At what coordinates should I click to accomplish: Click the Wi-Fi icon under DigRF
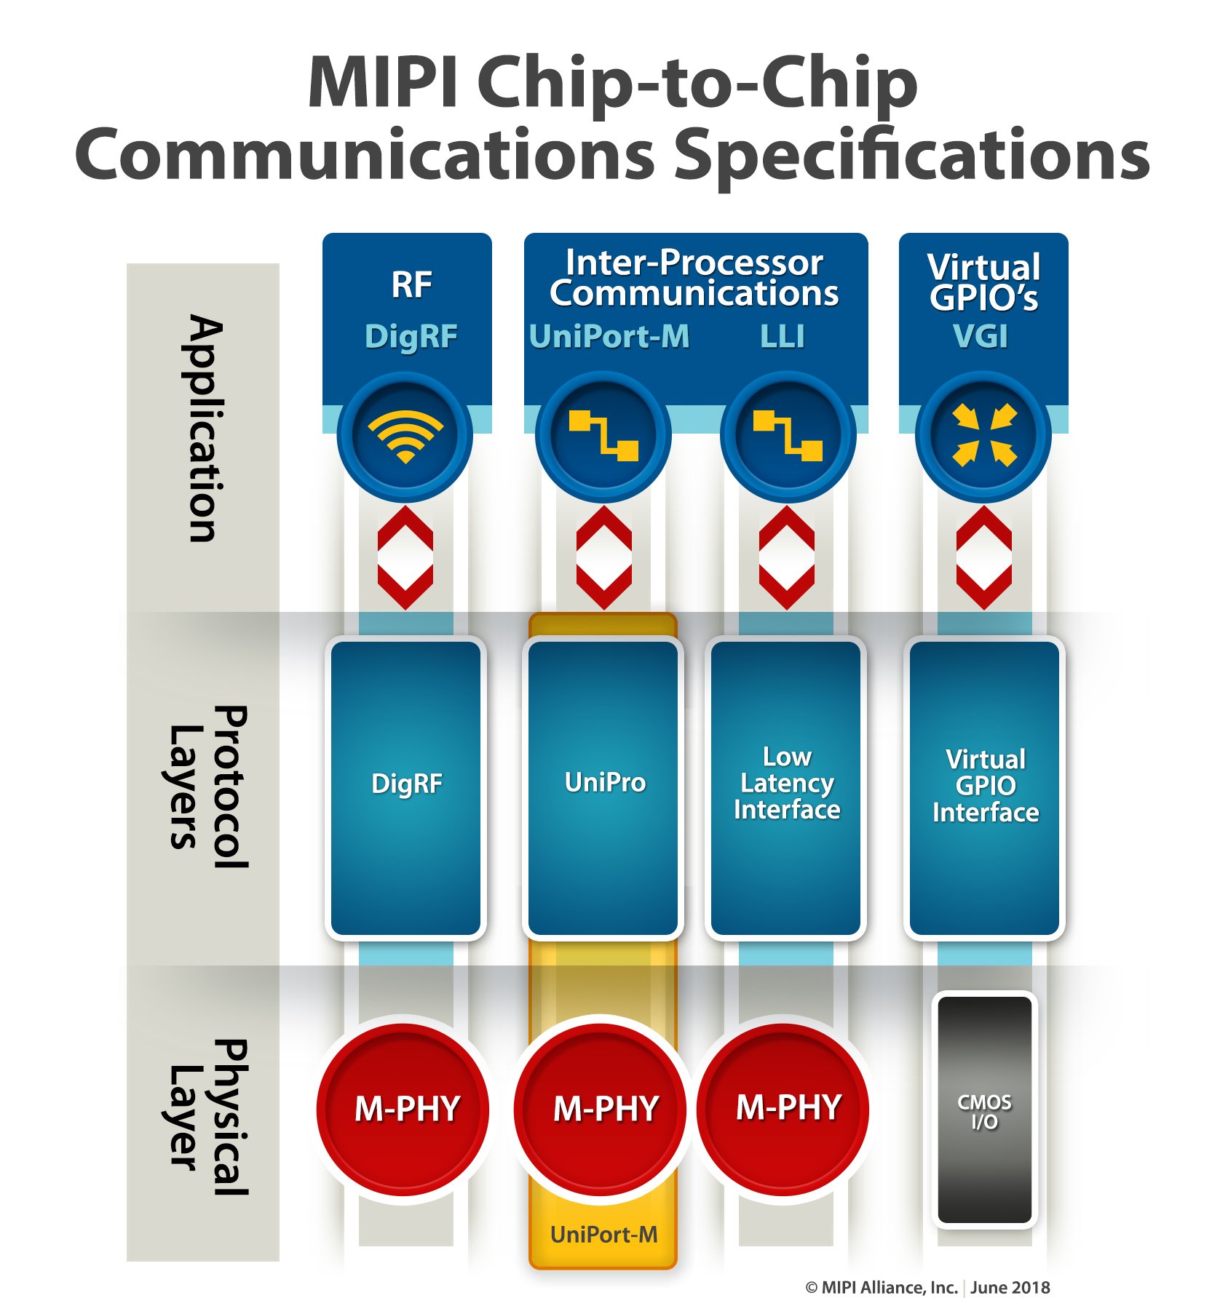405,436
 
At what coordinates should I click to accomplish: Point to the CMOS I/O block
984,1110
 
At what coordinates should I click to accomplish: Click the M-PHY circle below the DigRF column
405,1109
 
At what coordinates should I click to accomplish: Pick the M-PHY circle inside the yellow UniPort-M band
603,1109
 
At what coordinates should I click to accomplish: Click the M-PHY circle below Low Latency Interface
786,1109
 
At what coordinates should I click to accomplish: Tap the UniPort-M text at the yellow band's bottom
603,1235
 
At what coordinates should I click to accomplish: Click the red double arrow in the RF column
405,558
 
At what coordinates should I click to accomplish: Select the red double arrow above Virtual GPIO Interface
983,558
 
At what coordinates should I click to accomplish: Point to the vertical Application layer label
203,429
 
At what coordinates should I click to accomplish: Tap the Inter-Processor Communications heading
694,278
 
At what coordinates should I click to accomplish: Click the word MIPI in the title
382,81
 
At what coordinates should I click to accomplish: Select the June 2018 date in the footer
1010,1288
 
